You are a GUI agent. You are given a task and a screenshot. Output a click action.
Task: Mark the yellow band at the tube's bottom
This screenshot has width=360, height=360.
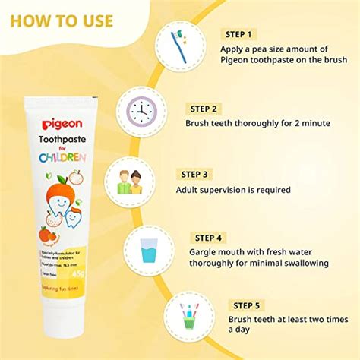(61, 289)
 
